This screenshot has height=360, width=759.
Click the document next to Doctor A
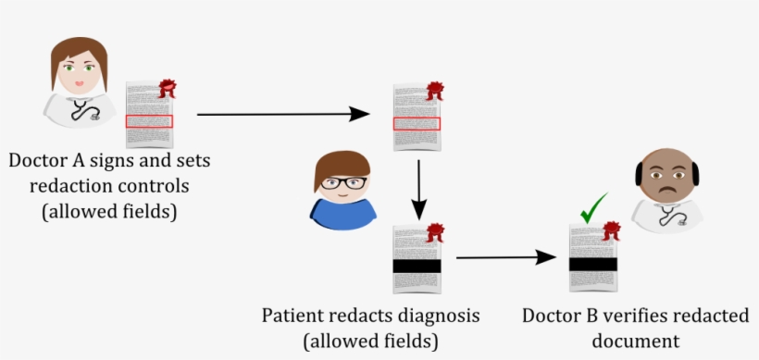pos(148,115)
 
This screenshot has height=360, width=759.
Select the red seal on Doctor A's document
pos(168,89)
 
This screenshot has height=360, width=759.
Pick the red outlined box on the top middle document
pos(417,124)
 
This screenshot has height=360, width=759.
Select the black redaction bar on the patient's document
pos(417,267)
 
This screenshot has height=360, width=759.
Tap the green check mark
pos(592,208)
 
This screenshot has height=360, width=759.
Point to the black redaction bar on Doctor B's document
pos(592,264)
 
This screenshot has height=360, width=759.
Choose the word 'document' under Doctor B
pos(636,341)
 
